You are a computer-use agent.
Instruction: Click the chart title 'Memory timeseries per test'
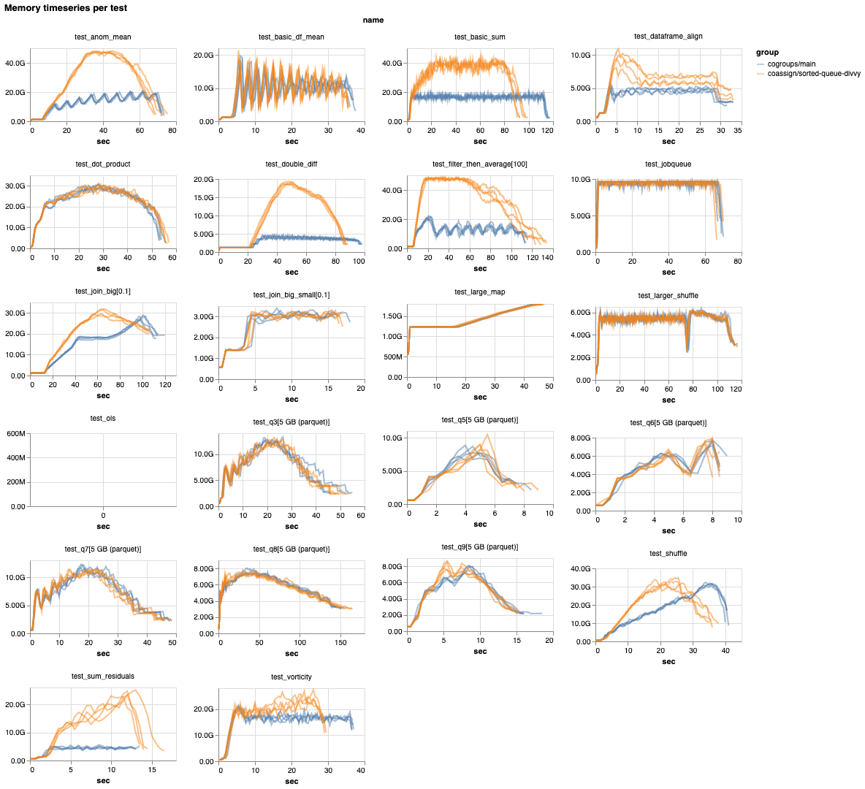[66, 8]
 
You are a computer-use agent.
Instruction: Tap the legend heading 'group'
[767, 53]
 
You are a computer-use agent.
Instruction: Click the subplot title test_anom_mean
[103, 37]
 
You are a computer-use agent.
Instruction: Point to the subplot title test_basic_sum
[479, 37]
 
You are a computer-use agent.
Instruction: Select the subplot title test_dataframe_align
[668, 37]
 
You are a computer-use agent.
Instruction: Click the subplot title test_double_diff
[291, 164]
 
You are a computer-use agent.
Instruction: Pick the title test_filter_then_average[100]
[479, 164]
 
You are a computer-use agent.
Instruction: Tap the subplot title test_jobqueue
[668, 164]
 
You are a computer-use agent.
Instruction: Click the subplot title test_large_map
[479, 292]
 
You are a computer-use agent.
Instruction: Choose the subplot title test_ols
[103, 419]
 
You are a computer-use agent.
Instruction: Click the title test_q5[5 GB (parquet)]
[479, 420]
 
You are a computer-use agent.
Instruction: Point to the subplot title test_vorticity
[291, 677]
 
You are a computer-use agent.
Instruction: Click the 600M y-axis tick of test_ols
[15, 434]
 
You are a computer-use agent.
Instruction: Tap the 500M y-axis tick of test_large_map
[392, 357]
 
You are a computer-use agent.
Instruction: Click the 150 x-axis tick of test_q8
[340, 643]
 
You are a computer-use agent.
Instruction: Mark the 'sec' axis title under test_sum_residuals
[103, 781]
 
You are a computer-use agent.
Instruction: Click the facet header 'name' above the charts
[373, 20]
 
